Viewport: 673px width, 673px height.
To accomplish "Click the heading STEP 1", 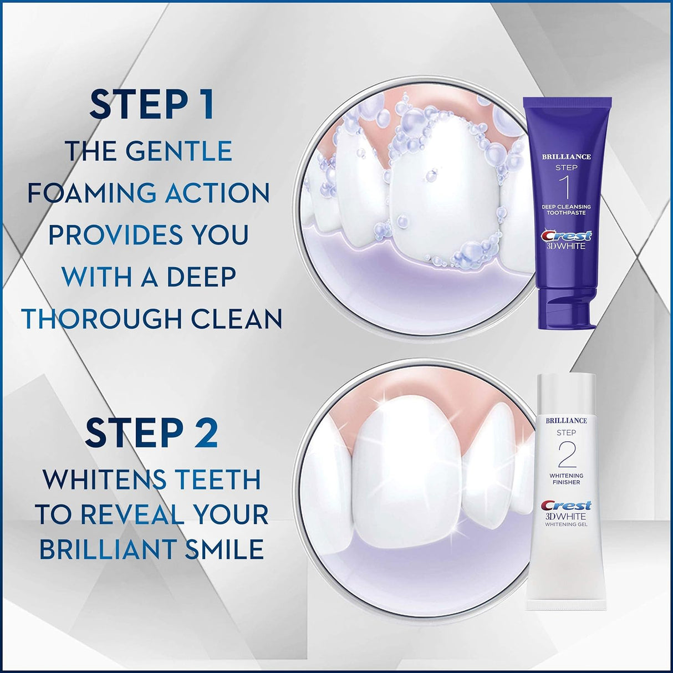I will pyautogui.click(x=151, y=105).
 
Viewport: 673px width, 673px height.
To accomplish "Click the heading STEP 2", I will pyautogui.click(x=151, y=434).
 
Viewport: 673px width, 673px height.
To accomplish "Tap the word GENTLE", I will pyautogui.click(x=179, y=151).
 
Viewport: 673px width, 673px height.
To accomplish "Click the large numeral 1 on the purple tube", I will pyautogui.click(x=567, y=187).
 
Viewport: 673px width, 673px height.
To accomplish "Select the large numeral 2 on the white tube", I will pyautogui.click(x=566, y=455).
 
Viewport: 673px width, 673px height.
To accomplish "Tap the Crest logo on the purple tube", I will pyautogui.click(x=566, y=236).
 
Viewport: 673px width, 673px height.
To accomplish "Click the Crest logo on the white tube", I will pyautogui.click(x=566, y=506).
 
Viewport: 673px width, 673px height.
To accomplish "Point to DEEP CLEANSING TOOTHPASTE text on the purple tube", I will pyautogui.click(x=566, y=210).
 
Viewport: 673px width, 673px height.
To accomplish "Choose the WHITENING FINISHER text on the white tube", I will pyautogui.click(x=566, y=479).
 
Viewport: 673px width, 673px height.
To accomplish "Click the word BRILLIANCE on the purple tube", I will pyautogui.click(x=566, y=157).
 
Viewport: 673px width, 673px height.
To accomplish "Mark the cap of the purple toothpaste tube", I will pyautogui.click(x=567, y=308).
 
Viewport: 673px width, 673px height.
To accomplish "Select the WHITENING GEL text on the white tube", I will pyautogui.click(x=566, y=524).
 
